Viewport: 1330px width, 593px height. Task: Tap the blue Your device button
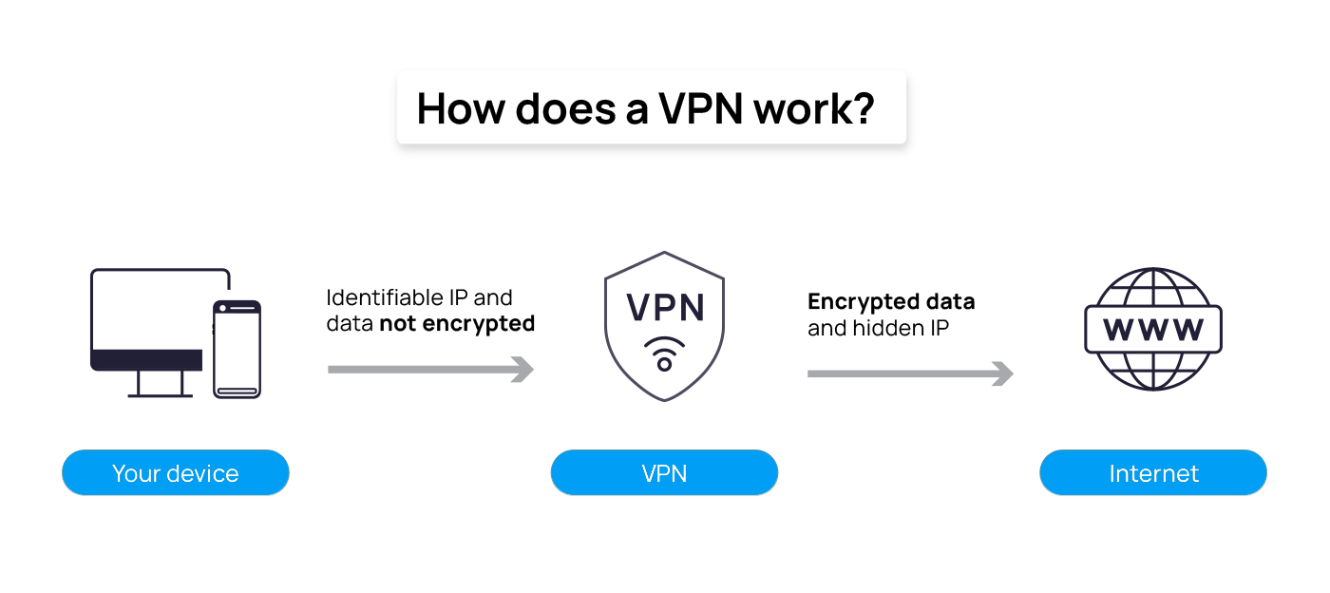tap(175, 473)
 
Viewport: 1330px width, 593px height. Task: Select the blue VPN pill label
tap(664, 473)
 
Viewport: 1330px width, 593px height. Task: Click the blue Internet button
tap(1153, 473)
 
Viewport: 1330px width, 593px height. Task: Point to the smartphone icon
tap(237, 349)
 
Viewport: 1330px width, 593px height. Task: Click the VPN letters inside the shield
tap(664, 308)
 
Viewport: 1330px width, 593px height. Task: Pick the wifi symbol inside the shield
tap(664, 352)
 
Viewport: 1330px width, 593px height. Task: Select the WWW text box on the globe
tap(1152, 330)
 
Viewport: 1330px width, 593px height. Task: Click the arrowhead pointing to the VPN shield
tap(523, 369)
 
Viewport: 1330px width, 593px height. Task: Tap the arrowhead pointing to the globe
tap(1003, 373)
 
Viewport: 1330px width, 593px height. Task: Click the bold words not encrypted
tap(457, 324)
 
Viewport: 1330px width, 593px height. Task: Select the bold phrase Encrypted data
tap(891, 302)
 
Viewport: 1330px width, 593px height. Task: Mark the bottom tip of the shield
tap(664, 399)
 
